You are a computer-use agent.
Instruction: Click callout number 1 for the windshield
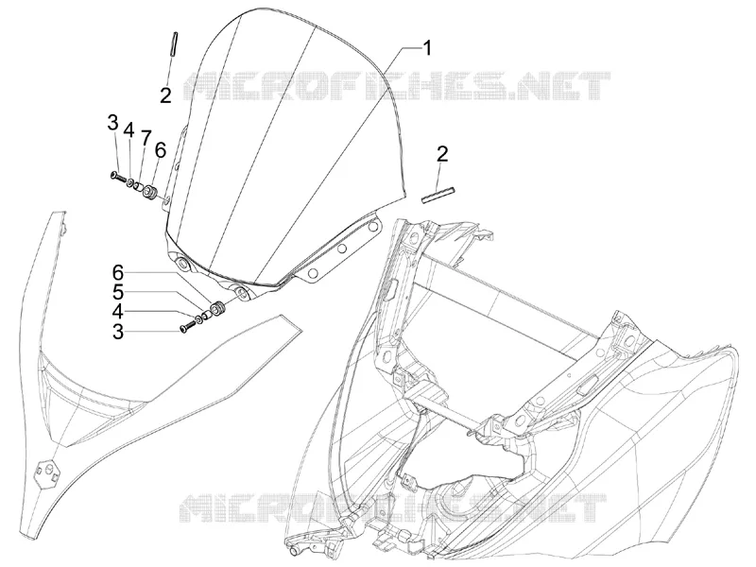[427, 48]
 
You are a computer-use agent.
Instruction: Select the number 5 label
[118, 293]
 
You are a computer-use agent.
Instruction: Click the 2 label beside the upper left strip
[165, 95]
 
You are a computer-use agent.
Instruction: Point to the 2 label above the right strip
[442, 154]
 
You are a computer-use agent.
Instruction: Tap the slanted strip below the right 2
[438, 195]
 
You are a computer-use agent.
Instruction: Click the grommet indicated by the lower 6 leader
[220, 308]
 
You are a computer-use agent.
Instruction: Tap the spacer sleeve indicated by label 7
[140, 186]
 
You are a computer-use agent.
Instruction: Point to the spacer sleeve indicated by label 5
[207, 316]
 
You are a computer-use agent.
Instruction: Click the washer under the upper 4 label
[130, 181]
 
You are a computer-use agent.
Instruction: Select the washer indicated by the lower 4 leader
[198, 320]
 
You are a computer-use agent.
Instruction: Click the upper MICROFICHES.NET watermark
[398, 86]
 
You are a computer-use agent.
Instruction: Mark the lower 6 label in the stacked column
[118, 273]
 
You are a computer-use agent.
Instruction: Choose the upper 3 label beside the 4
[112, 123]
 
